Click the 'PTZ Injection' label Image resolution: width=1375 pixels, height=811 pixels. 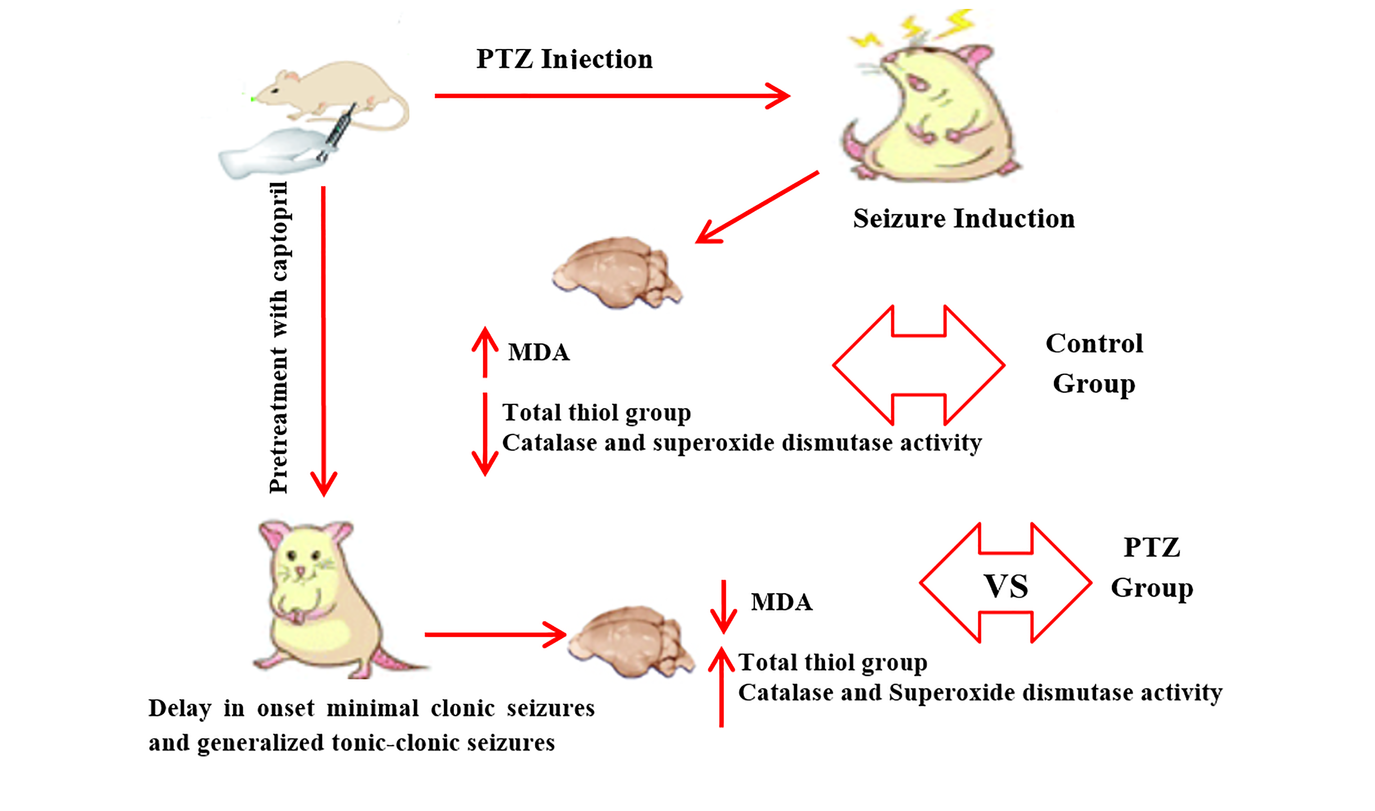[564, 59]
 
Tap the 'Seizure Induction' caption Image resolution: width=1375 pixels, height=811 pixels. [964, 218]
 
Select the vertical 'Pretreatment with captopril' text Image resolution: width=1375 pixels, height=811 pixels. [279, 337]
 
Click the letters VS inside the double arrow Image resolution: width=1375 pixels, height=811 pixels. [1006, 586]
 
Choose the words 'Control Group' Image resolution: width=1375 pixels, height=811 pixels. [1094, 363]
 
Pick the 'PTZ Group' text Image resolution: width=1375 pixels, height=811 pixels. [1152, 568]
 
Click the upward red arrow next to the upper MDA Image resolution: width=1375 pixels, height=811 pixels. [485, 352]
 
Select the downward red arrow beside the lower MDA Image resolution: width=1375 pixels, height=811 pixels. [724, 606]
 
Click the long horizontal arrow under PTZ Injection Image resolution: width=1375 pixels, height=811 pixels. [612, 96]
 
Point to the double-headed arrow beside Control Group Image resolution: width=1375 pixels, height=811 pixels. [919, 365]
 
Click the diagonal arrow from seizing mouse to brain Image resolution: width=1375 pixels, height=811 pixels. [757, 208]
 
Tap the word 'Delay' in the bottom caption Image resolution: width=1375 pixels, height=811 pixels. [180, 709]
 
